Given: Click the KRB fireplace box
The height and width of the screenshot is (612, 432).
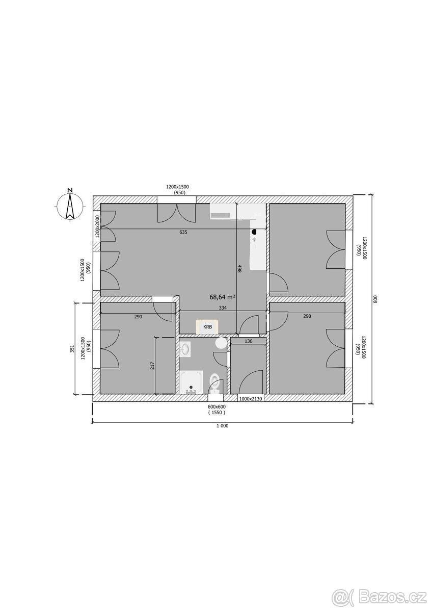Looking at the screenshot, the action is [x=207, y=326].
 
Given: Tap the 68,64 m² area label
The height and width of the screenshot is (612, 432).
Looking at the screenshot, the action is [x=223, y=297].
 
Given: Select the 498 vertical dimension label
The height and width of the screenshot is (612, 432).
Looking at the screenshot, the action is [x=240, y=269].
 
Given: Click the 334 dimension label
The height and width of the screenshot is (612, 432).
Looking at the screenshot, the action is [x=223, y=308].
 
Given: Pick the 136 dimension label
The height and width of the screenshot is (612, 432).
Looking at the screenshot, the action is [x=248, y=341].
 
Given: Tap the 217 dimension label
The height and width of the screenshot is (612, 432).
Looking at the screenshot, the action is [x=152, y=366].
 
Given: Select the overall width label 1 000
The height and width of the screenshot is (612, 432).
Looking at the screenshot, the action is [x=223, y=425].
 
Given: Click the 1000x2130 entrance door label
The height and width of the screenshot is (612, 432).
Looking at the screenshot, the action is [x=251, y=399].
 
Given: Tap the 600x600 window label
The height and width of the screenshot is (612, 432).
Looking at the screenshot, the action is [x=217, y=407].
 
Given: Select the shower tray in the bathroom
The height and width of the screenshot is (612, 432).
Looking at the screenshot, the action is [x=192, y=382].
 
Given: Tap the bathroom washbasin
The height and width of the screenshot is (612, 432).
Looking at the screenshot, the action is [x=186, y=349].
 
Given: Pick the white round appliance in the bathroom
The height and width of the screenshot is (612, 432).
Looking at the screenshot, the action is [x=221, y=343].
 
